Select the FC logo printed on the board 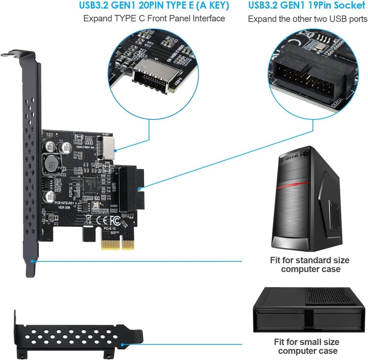pos(115,221)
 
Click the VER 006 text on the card pos(64,208)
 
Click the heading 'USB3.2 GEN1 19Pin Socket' pos(308,6)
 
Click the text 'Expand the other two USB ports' pos(308,19)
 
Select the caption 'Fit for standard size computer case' pos(309,265)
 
